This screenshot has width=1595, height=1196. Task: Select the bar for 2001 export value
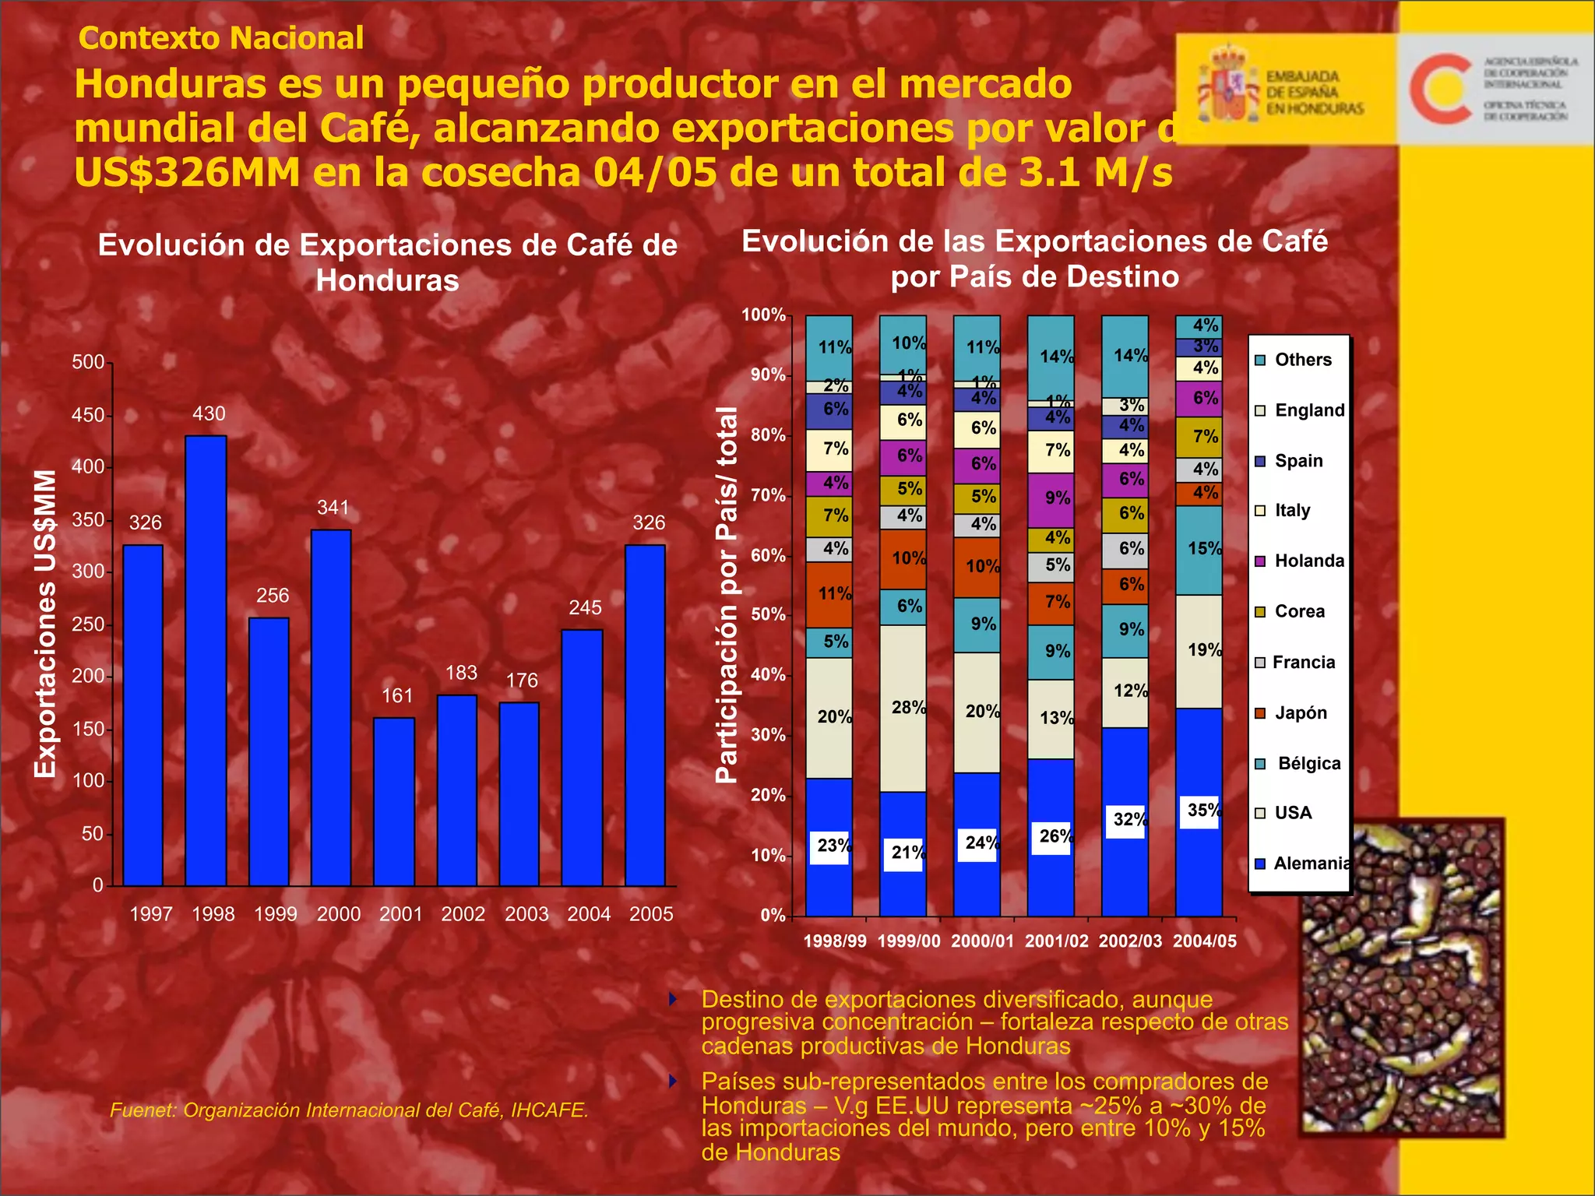point(394,801)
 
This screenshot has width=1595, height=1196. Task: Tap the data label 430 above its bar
point(209,414)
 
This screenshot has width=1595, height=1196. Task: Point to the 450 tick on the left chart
point(88,415)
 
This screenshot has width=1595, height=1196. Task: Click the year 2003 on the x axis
point(526,914)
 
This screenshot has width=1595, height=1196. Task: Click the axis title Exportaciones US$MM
point(45,623)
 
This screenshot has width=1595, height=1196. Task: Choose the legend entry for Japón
point(1299,712)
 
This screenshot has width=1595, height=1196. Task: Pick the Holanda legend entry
point(1308,561)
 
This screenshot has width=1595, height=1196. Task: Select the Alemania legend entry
point(1311,863)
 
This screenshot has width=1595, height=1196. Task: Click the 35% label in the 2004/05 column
point(1203,811)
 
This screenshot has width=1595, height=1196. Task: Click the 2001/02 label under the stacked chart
point(1056,941)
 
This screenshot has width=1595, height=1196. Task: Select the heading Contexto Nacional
point(221,38)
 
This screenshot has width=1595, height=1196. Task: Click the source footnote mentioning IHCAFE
point(349,1110)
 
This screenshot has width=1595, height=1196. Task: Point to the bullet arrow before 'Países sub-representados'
point(674,1081)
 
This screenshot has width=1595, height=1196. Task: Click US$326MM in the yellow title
point(187,173)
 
